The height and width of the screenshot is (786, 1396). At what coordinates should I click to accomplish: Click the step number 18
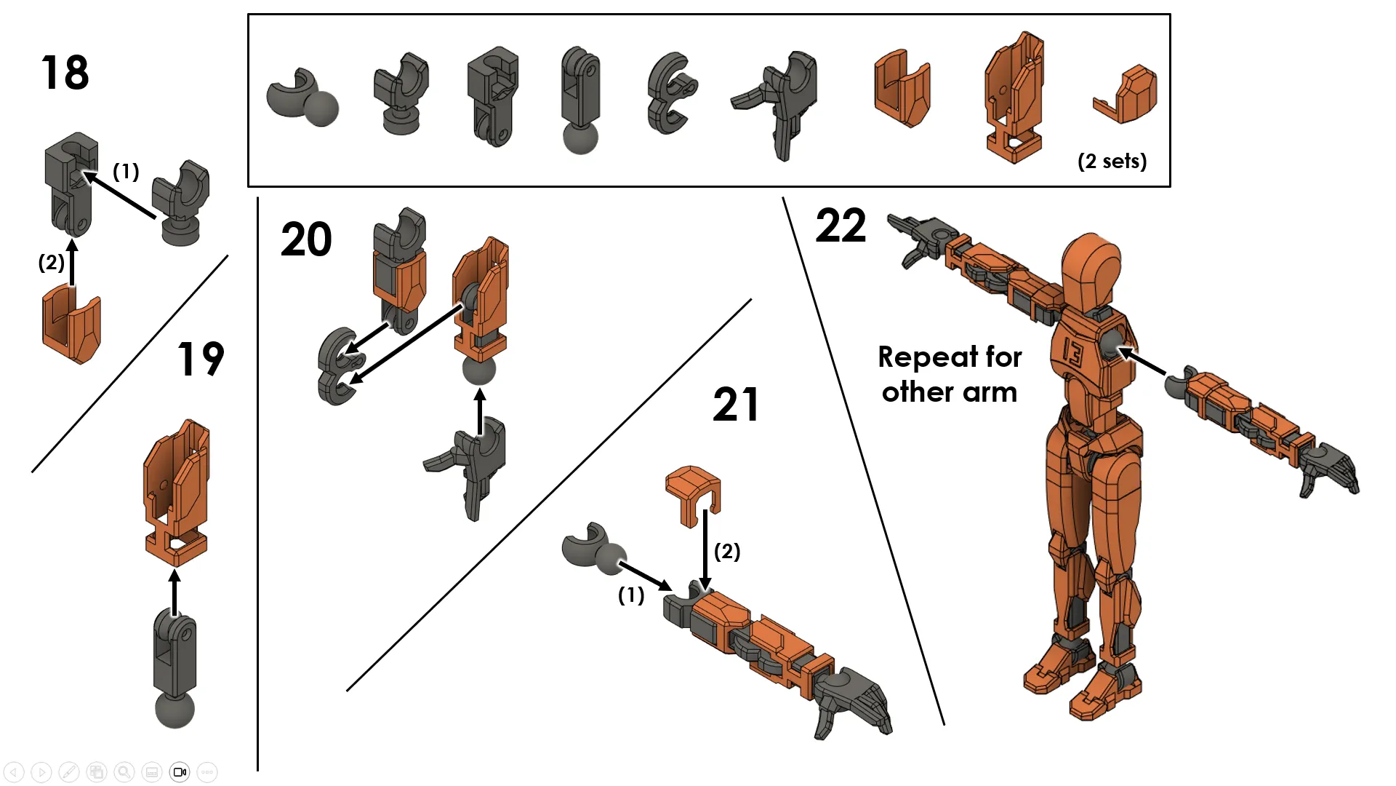(65, 73)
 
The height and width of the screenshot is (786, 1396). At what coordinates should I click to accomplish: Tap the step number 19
(201, 359)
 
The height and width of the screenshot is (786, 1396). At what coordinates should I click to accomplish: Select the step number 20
(306, 239)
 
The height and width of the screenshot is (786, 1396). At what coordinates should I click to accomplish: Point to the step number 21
(736, 405)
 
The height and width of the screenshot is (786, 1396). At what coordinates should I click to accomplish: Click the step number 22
(841, 226)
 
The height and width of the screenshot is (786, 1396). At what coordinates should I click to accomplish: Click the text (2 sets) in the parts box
(1112, 161)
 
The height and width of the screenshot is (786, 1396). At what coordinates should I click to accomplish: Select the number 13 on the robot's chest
(1073, 352)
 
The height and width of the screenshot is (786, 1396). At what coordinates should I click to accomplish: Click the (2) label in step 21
(727, 551)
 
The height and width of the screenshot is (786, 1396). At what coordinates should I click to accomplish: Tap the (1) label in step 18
(126, 171)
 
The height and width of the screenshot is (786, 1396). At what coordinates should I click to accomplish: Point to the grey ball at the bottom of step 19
(174, 710)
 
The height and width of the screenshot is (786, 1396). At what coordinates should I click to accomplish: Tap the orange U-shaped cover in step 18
(71, 326)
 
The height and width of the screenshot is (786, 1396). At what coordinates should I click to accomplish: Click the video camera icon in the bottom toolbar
(180, 771)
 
